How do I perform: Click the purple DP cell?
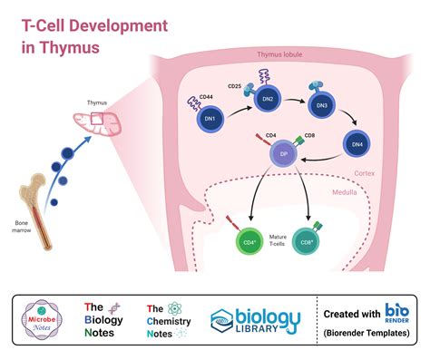tap(281, 155)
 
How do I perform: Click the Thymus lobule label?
tap(281, 56)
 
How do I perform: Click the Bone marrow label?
tap(26, 227)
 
